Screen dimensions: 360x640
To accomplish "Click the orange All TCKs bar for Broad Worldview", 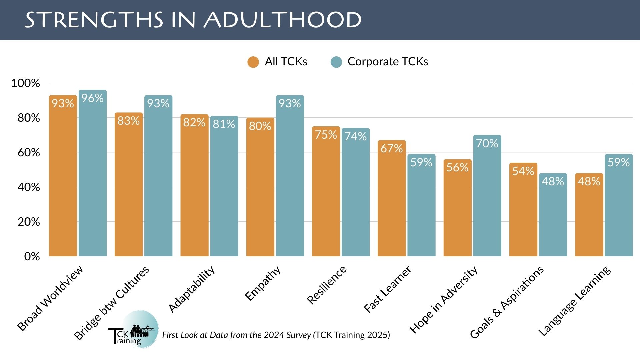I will pyautogui.click(x=63, y=180).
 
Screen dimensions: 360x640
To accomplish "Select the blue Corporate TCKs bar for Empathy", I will pyautogui.click(x=290, y=180).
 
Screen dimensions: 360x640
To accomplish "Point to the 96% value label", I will pyautogui.click(x=92, y=98).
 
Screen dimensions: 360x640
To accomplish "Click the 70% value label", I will pyautogui.click(x=487, y=143).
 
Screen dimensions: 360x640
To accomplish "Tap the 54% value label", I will pyautogui.click(x=523, y=171).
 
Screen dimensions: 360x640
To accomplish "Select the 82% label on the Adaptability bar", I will pyautogui.click(x=194, y=122).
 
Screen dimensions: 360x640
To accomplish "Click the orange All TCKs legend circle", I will pyautogui.click(x=253, y=62).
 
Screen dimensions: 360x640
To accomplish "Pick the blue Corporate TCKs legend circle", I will pyautogui.click(x=336, y=62).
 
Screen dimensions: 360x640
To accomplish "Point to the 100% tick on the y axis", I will pyautogui.click(x=26, y=83).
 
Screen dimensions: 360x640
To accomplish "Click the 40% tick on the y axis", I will pyautogui.click(x=29, y=187).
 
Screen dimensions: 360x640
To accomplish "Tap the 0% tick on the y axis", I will pyautogui.click(x=32, y=256).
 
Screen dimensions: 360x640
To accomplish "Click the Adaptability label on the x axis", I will pyautogui.click(x=191, y=289).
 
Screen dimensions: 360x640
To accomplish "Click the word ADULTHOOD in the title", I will pyautogui.click(x=283, y=20).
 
